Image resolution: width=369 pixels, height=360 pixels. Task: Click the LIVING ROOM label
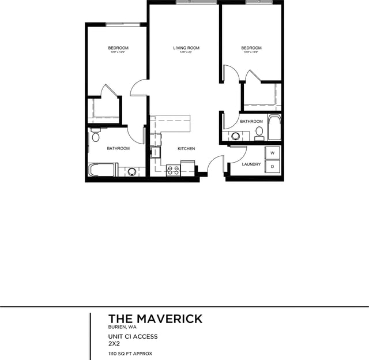click(186, 48)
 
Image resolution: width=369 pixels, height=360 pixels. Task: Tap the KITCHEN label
click(186, 149)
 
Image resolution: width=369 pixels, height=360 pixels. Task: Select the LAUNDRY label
click(251, 164)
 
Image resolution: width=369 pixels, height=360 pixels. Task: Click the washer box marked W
click(272, 153)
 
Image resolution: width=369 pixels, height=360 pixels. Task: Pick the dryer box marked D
click(272, 166)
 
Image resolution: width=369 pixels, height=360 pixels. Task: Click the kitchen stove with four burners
click(173, 170)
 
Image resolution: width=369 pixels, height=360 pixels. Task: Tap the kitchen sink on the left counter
click(155, 152)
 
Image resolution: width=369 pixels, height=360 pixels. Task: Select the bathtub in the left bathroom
click(103, 170)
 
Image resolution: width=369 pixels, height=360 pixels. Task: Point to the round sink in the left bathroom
click(132, 171)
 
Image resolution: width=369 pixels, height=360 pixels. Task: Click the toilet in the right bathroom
click(259, 133)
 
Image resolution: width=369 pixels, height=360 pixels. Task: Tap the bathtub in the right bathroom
click(274, 128)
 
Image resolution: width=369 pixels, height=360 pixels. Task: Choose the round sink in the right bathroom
click(235, 137)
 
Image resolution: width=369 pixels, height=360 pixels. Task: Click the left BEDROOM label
click(118, 48)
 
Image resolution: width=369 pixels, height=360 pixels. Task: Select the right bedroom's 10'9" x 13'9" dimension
click(251, 52)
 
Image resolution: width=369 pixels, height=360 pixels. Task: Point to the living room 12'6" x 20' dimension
click(186, 52)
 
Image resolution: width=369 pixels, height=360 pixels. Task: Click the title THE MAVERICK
click(155, 319)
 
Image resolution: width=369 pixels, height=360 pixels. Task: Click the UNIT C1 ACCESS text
click(133, 336)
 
